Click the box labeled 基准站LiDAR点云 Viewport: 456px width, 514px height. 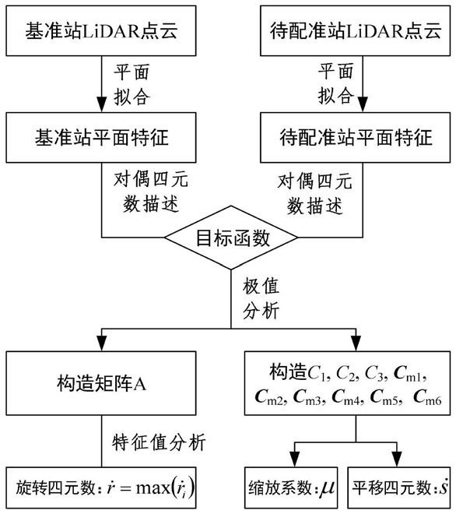point(101,30)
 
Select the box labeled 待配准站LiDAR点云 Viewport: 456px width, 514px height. point(355,30)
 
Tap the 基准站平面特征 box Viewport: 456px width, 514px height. point(101,137)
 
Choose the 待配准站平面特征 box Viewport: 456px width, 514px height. point(355,137)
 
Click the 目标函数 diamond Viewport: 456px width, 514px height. point(231,238)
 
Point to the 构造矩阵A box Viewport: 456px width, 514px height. point(101,383)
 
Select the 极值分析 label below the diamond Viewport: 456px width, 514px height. point(261,298)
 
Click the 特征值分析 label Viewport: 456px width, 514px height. point(159,442)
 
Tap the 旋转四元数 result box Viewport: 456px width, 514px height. point(101,488)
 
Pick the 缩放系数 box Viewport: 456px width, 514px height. point(291,488)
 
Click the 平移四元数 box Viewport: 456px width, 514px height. point(398,488)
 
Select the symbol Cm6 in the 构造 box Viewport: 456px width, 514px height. point(427,396)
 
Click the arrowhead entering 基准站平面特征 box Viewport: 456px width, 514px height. point(101,105)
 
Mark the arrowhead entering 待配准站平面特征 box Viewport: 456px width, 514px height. point(363,105)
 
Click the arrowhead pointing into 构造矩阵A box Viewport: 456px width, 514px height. point(101,344)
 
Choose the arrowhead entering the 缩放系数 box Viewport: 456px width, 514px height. point(295,459)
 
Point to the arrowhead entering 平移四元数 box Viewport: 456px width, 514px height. point(397,459)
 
